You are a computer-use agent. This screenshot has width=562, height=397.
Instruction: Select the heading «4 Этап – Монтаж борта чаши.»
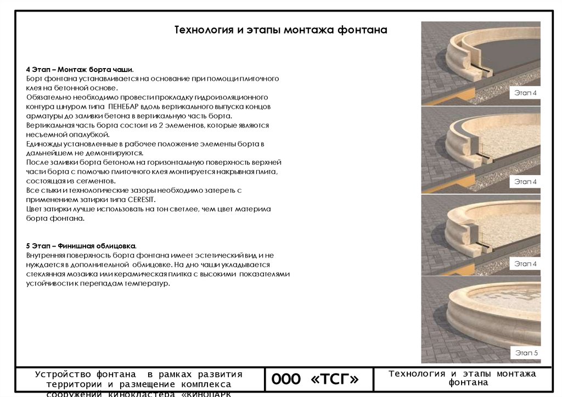point(80,70)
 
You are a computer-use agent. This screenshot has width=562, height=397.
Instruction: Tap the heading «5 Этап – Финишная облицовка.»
point(81,246)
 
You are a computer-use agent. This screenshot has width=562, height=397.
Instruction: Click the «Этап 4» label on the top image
point(526,93)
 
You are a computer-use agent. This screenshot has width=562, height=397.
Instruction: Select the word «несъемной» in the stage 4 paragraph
point(44,135)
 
